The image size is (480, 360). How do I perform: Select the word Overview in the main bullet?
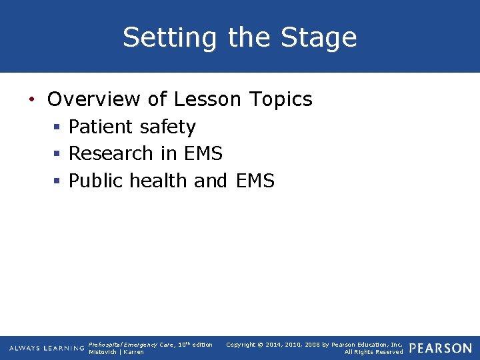pos(93,99)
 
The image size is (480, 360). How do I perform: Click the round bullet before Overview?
pos(31,100)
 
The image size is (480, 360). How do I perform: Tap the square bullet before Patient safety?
pos(58,127)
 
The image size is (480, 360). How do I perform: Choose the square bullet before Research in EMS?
pos(58,154)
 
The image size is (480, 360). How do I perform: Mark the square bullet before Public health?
pos(58,181)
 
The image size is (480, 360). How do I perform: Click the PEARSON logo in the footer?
pos(441,348)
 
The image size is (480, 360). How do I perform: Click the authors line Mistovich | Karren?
pos(116,352)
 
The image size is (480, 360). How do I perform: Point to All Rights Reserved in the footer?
pos(373,352)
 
